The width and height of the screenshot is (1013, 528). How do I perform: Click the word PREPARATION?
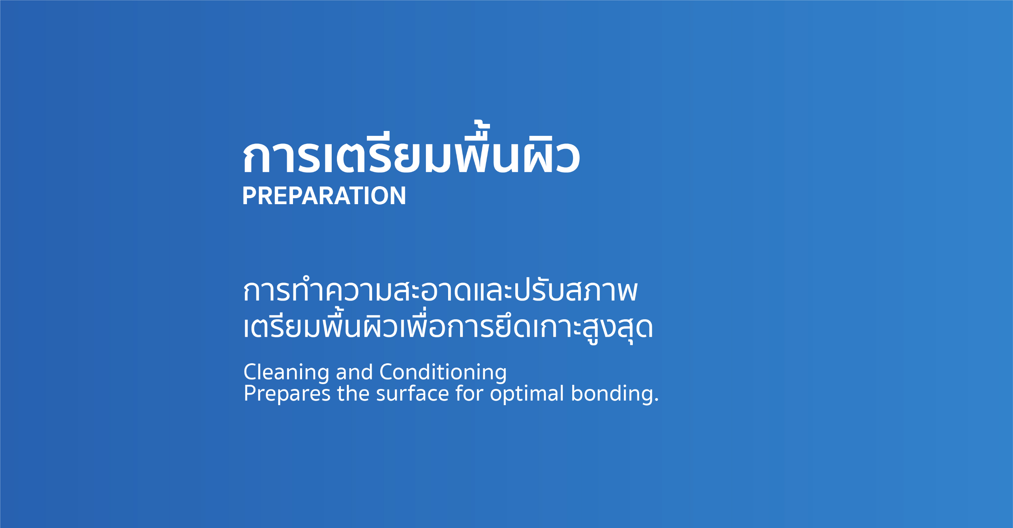pos(324,196)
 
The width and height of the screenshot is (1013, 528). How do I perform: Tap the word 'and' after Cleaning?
pos(354,372)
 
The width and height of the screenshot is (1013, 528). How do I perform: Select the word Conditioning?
pos(443,372)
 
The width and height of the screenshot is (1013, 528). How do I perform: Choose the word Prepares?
pos(287,394)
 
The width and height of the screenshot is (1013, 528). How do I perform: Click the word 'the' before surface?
pos(353,393)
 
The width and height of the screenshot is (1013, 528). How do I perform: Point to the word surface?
pos(413,393)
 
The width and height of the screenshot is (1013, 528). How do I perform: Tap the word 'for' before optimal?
pos(469,393)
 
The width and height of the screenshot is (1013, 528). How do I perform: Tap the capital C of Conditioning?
pos(387,372)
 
